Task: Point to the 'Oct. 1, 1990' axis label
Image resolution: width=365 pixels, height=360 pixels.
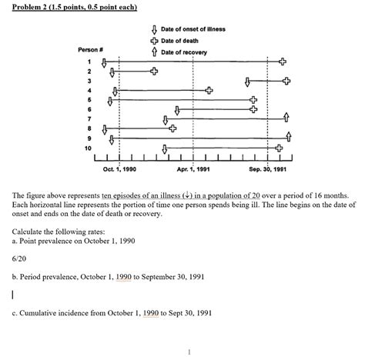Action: (120, 168)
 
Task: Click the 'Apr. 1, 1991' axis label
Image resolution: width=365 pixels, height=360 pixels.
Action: (193, 168)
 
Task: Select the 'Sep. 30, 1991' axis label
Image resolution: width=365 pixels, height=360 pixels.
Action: (267, 168)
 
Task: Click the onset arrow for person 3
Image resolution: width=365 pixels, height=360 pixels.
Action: (246, 81)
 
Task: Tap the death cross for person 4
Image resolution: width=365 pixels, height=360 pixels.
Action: (209, 91)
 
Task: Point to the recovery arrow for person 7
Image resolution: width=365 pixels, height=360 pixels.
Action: (286, 118)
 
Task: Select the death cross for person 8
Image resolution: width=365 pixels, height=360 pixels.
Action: (172, 128)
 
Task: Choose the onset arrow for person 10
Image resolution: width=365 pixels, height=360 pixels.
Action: (165, 147)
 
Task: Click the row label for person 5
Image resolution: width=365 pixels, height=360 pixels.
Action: (90, 99)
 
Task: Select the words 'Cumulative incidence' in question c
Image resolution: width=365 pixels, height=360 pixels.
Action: (55, 312)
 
